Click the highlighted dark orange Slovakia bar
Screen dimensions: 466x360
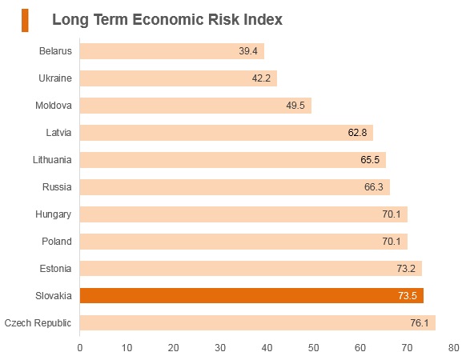(x=251, y=295)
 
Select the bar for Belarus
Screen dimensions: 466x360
(x=172, y=51)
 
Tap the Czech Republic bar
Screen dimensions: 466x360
(x=258, y=323)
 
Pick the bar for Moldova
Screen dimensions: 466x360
(x=195, y=106)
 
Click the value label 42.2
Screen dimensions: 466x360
(x=261, y=78)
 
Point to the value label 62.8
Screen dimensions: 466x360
(x=357, y=133)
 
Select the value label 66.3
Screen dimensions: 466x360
(x=374, y=187)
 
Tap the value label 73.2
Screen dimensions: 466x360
(x=406, y=269)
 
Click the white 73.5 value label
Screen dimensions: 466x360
(x=408, y=296)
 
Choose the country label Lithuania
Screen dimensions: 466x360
(x=52, y=160)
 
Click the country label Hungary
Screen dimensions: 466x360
(x=53, y=214)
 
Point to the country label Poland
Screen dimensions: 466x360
(x=57, y=241)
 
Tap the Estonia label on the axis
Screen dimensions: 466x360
(x=55, y=269)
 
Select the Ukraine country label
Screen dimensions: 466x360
(x=55, y=78)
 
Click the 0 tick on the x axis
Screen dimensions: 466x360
(x=79, y=348)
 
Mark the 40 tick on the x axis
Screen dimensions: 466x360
(x=267, y=348)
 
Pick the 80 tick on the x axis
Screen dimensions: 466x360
(x=454, y=348)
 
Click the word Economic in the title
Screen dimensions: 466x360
(x=168, y=20)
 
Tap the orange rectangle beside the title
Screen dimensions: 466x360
(x=25, y=20)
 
